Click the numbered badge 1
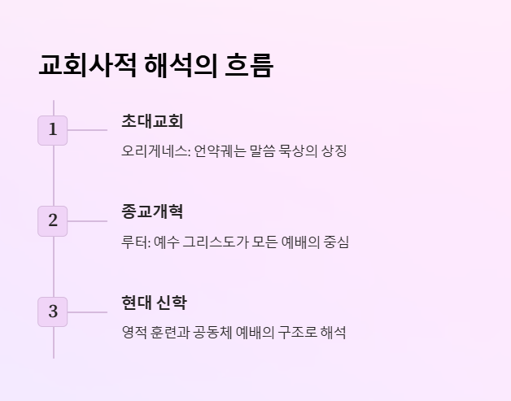[53, 129]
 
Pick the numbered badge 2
[53, 220]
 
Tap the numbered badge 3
[53, 312]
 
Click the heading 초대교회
[152, 121]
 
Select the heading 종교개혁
[152, 211]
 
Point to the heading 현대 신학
[154, 303]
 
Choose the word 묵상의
[295, 151]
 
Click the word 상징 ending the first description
[334, 151]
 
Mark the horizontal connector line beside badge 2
[87, 220]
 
